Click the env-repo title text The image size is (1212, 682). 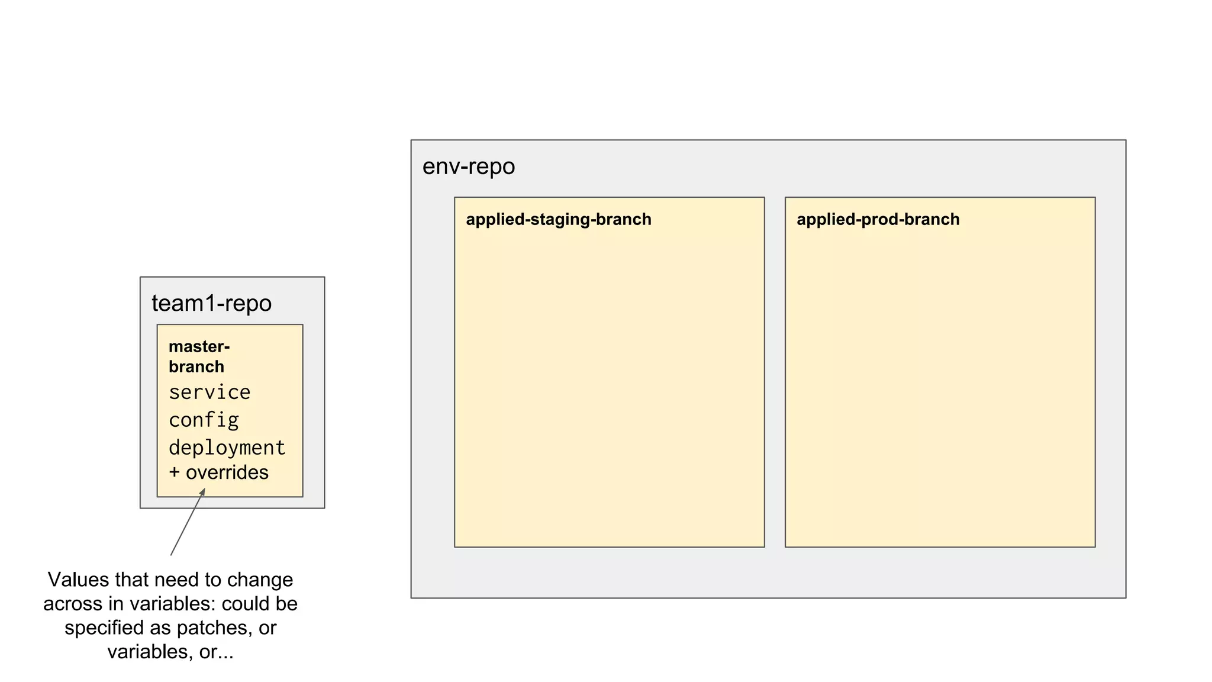click(468, 167)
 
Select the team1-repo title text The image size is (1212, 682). click(211, 303)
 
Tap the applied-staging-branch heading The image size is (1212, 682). click(558, 220)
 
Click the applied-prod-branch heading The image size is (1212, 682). click(878, 220)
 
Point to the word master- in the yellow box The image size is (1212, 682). click(199, 346)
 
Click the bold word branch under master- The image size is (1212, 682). click(196, 367)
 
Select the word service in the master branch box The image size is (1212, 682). click(209, 393)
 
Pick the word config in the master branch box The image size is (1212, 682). click(204, 420)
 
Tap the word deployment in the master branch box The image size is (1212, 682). click(227, 448)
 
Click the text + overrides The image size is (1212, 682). click(219, 472)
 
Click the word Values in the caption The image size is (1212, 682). click(79, 580)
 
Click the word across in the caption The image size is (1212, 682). click(73, 604)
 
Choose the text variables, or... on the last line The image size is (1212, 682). click(170, 652)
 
